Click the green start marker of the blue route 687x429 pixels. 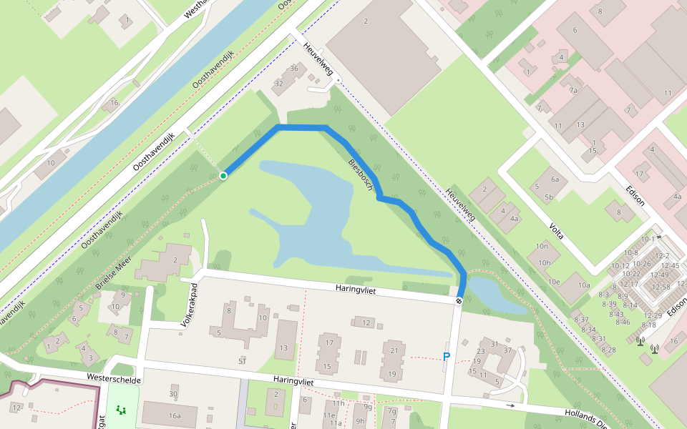pos(223,176)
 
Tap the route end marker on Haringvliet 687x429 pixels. pos(459,301)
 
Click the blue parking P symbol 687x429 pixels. pos(447,357)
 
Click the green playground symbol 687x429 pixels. pos(120,410)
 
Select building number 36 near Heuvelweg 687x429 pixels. pos(294,69)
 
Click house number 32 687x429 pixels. pos(279,84)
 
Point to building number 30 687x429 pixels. pos(173,394)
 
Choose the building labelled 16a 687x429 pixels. pos(175,415)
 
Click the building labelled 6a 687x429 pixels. pos(555,179)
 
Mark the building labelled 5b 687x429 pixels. pos(549,197)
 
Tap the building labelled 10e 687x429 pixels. pos(554,282)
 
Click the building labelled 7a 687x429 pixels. pos(573,91)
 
